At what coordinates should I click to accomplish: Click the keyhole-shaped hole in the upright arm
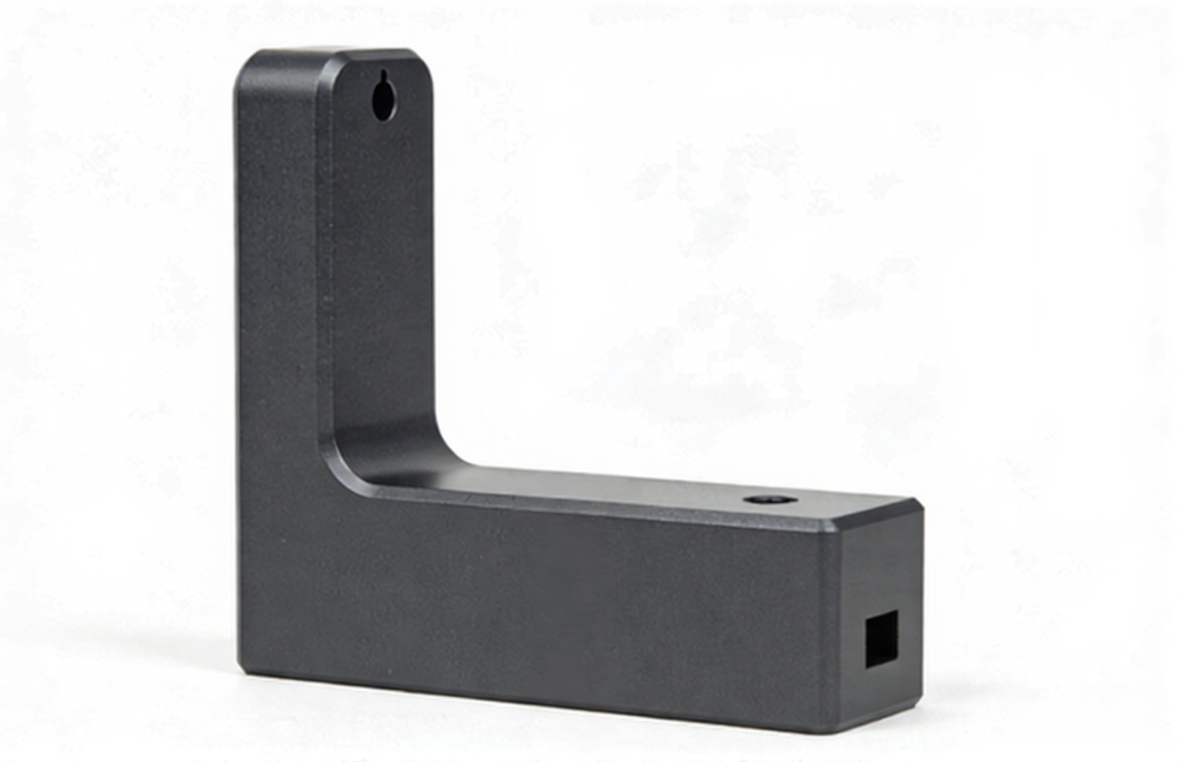pos(384,100)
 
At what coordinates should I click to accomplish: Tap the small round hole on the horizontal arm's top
pos(770,500)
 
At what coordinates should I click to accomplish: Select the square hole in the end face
pos(880,639)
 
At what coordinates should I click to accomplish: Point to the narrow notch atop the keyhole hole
pos(383,78)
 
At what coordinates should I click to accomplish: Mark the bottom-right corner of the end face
pos(920,700)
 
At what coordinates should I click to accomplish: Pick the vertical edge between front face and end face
pos(830,626)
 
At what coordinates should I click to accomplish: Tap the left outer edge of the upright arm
pos(237,374)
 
